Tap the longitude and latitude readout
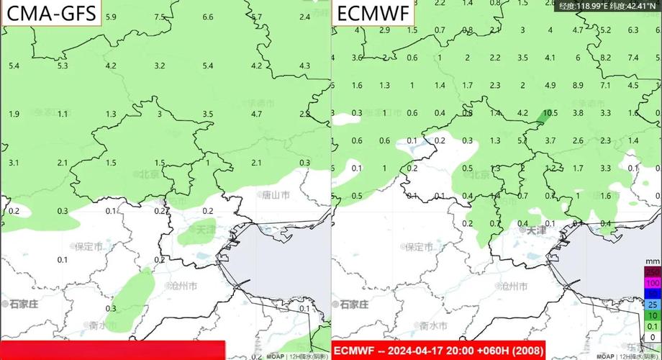[x=609, y=6]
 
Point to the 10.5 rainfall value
[x=550, y=113]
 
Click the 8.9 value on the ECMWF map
[x=578, y=85]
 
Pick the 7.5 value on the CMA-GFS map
[x=159, y=17]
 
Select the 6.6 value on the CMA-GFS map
[x=208, y=17]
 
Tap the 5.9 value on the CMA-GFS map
[x=110, y=17]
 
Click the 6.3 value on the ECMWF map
[x=633, y=30]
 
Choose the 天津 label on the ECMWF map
[x=534, y=230]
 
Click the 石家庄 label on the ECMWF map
[x=355, y=304]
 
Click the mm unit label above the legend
[x=652, y=260]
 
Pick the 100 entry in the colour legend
[x=652, y=284]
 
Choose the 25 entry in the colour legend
[x=652, y=305]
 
